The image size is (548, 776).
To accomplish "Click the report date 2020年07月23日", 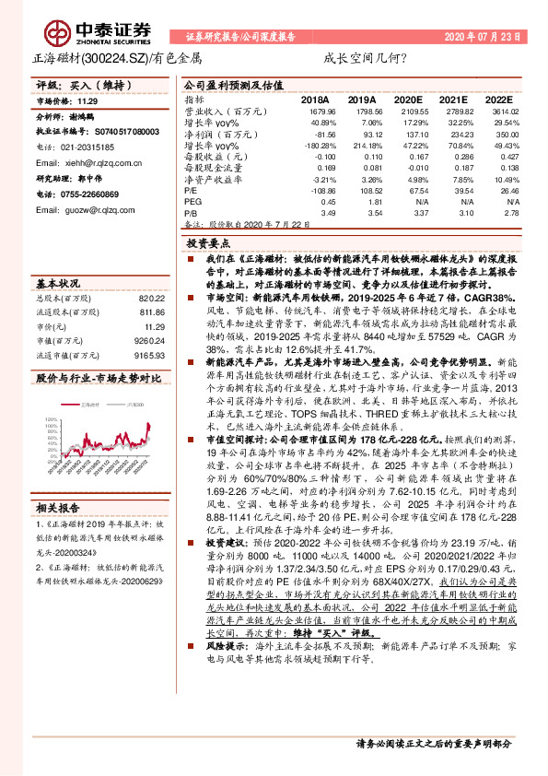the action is [x=482, y=37].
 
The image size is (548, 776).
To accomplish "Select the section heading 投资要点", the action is [x=207, y=244].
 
